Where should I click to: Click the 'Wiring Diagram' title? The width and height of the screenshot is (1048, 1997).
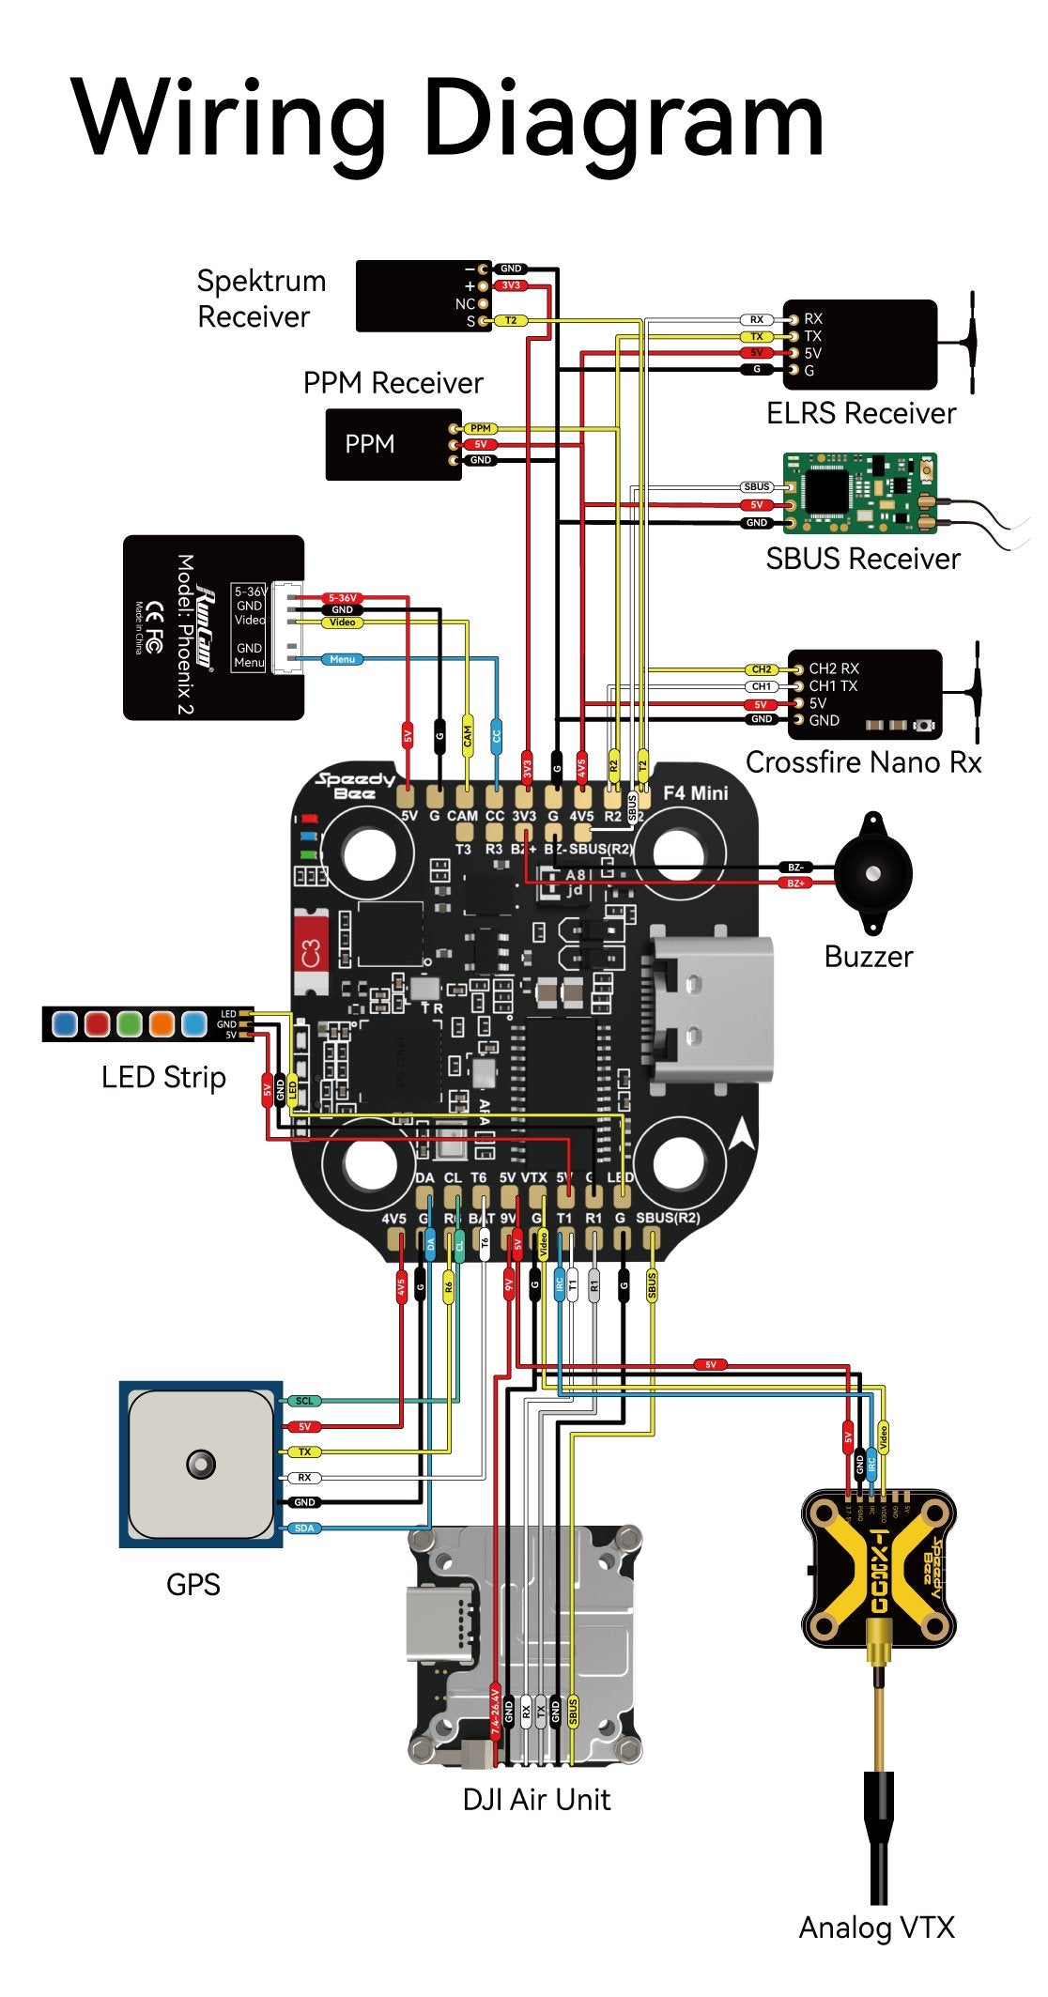click(x=448, y=119)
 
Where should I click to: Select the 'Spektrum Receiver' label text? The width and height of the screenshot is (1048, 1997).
click(x=261, y=299)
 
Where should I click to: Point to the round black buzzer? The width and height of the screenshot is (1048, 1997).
click(x=873, y=873)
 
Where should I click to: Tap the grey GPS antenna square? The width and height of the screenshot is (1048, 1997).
click(x=201, y=1464)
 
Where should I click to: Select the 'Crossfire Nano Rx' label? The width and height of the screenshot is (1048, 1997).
click(x=863, y=761)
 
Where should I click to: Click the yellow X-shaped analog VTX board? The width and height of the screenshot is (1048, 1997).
click(x=878, y=1569)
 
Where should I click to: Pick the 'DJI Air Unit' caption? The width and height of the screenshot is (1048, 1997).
click(x=536, y=1799)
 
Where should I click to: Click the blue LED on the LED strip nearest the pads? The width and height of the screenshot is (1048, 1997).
click(x=194, y=1023)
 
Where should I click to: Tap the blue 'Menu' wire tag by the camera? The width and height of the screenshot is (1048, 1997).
click(x=343, y=659)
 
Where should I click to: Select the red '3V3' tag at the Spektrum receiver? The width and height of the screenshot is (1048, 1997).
click(x=510, y=285)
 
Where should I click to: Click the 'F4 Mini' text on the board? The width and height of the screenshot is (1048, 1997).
click(x=695, y=793)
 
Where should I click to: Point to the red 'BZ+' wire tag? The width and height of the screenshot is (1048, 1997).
click(x=796, y=883)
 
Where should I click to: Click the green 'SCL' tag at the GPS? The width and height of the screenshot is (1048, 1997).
click(x=304, y=1401)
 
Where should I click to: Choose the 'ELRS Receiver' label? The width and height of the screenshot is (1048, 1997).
click(x=860, y=413)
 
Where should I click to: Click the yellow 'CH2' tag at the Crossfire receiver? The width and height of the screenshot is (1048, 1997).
click(x=762, y=669)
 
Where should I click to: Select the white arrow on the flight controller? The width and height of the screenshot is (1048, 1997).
click(x=743, y=1136)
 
